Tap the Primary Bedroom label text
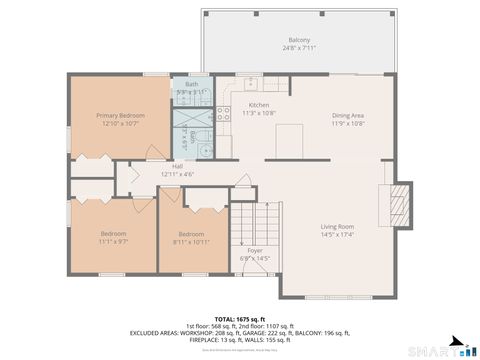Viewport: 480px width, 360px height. click(120, 115)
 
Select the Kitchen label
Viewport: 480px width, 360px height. click(259, 105)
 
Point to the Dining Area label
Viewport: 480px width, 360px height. click(348, 115)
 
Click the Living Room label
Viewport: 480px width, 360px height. click(337, 226)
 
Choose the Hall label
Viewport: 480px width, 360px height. click(177, 166)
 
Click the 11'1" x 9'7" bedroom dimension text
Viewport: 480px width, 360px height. click(113, 242)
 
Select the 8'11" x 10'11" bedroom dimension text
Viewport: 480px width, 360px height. click(191, 242)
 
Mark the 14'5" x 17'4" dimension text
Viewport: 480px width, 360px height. click(337, 234)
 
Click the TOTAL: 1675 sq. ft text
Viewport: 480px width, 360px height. click(240, 317)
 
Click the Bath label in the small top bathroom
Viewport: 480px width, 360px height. click(191, 84)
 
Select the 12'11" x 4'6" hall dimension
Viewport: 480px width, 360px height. click(177, 174)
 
